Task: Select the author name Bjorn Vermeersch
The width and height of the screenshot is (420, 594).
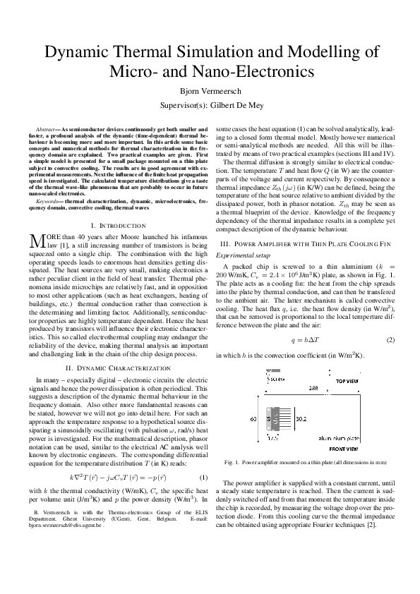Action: point(210,91)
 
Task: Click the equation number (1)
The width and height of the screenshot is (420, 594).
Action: point(203,478)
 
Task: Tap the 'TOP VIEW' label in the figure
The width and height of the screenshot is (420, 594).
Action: point(347,381)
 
